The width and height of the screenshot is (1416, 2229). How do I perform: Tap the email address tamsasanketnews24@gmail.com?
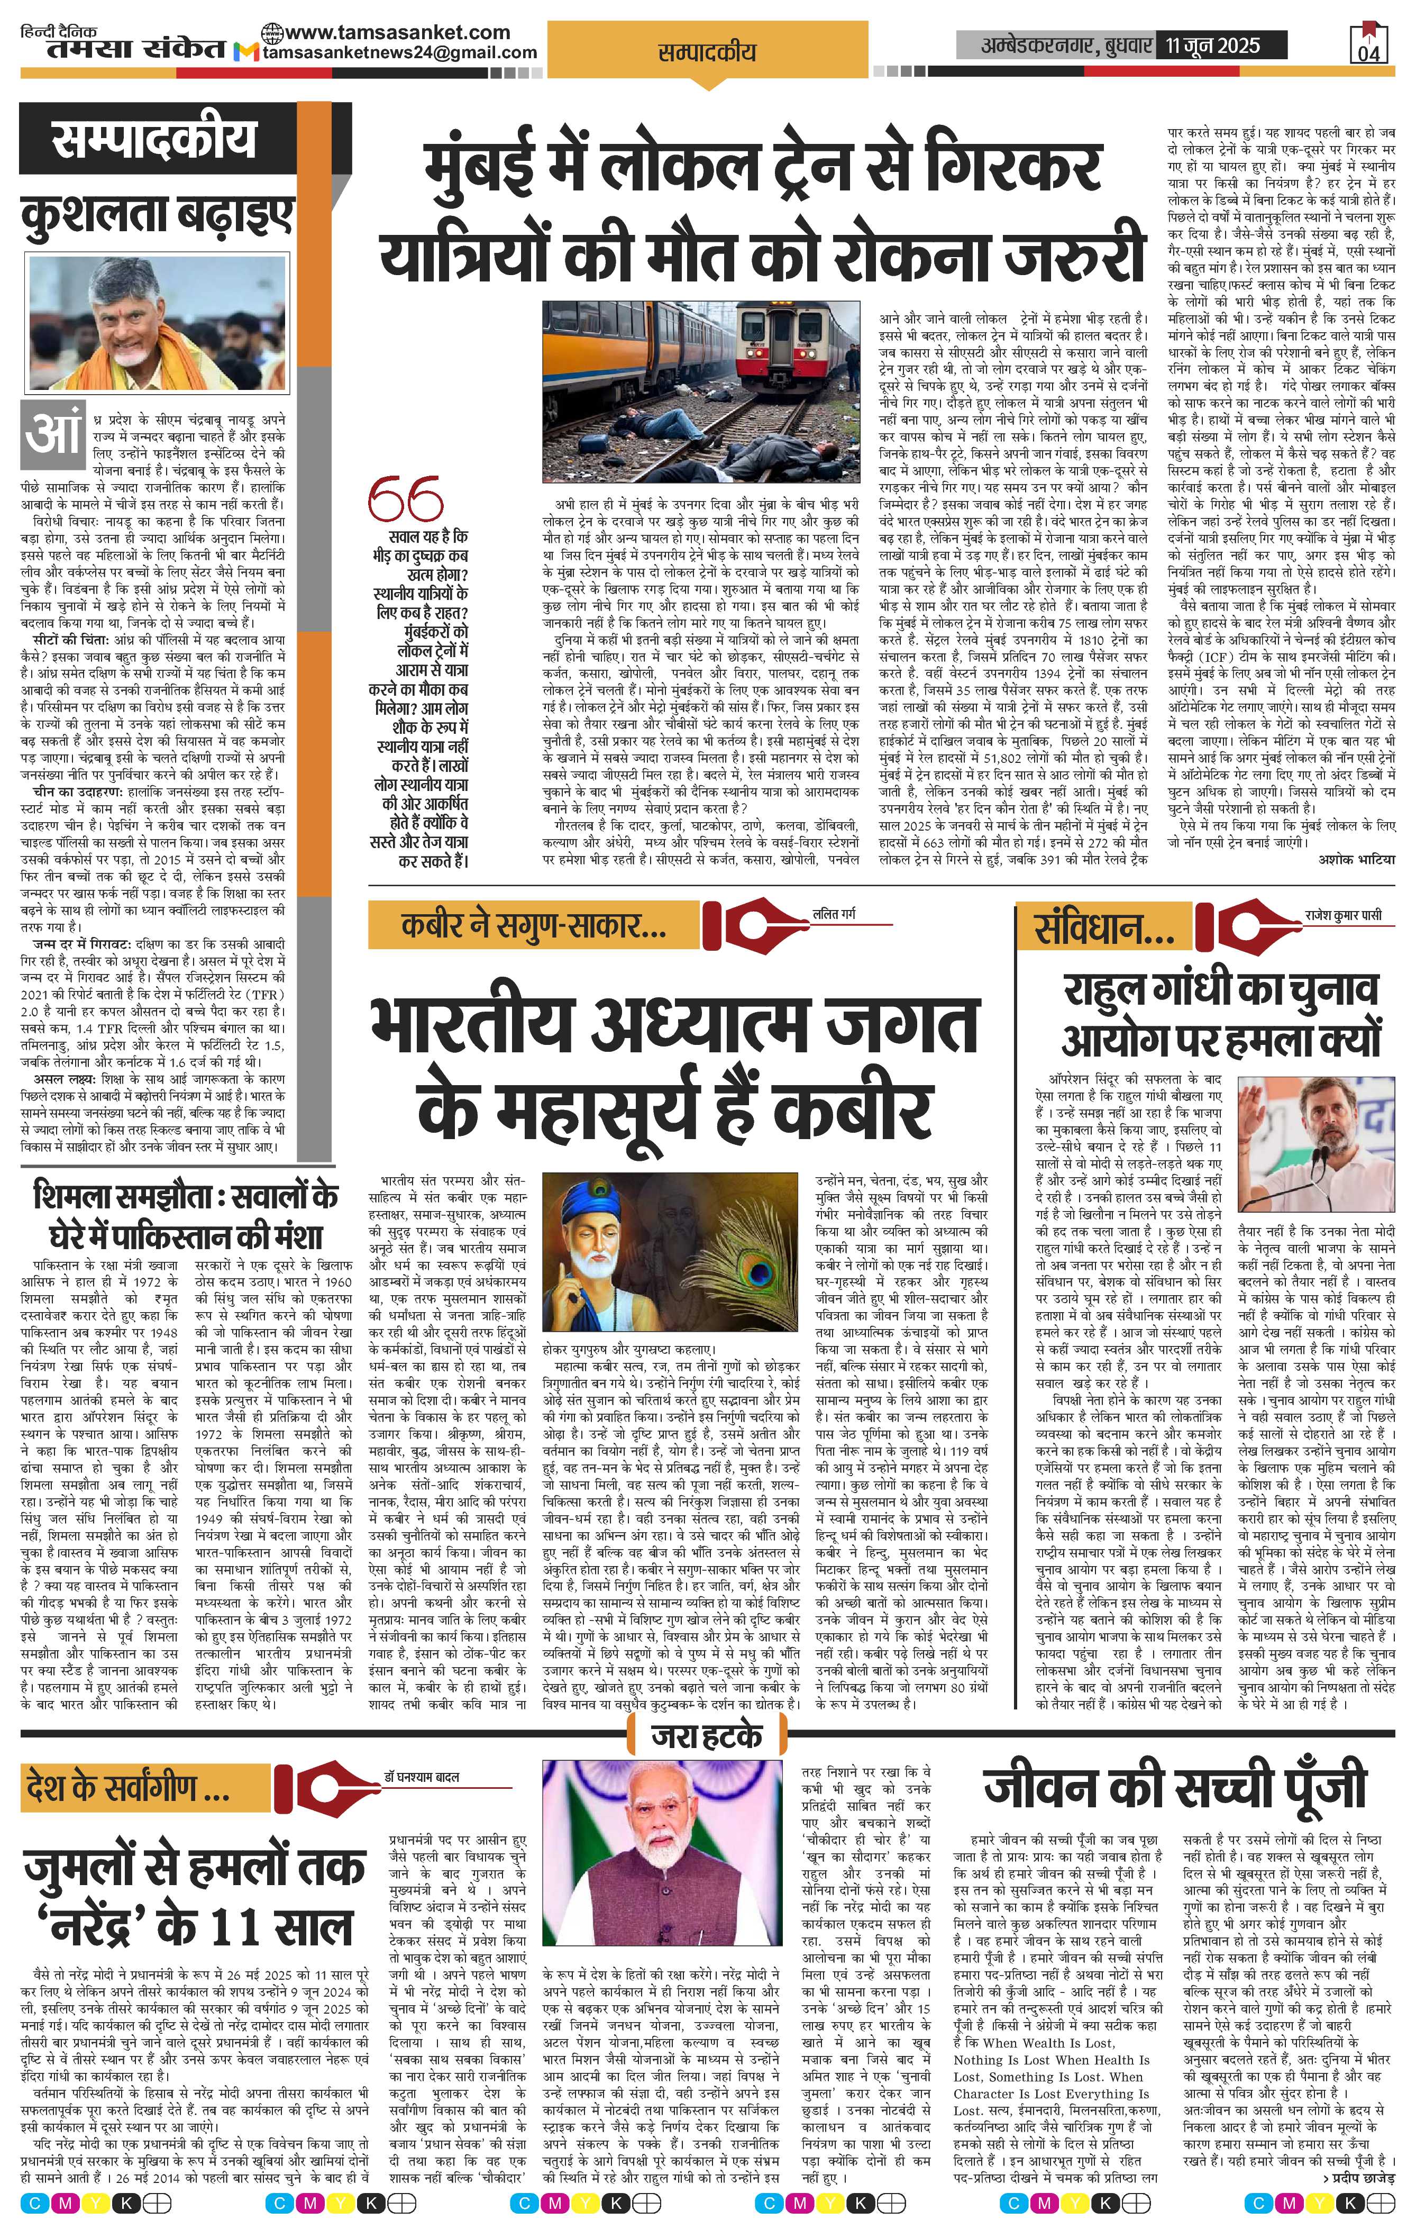(400, 53)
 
